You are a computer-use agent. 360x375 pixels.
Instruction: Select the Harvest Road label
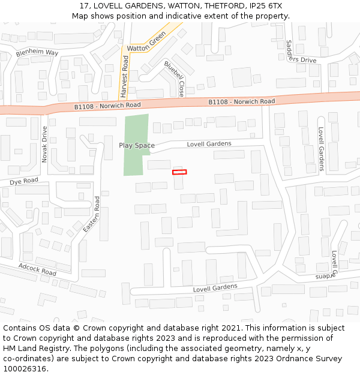(124, 77)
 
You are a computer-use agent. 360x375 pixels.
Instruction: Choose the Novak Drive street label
(44, 142)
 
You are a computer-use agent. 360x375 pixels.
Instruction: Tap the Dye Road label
(23, 181)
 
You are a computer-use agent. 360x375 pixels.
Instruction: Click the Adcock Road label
(37, 269)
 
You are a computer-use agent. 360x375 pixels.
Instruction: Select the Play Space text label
(136, 146)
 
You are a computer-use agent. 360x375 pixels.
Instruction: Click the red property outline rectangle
(179, 172)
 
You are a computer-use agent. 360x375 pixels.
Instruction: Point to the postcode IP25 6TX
(268, 6)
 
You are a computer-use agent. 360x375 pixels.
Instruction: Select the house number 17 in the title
(83, 6)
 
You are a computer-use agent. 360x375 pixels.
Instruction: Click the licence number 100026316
(25, 369)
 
